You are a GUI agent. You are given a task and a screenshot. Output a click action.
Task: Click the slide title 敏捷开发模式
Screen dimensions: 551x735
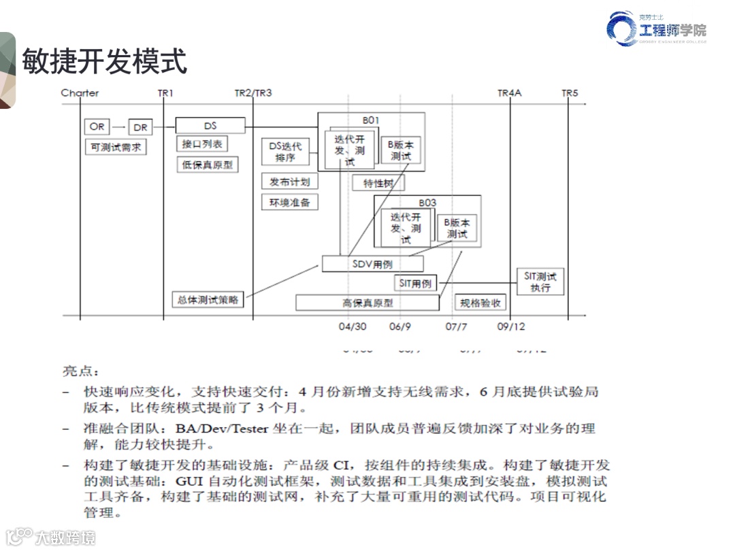tap(105, 62)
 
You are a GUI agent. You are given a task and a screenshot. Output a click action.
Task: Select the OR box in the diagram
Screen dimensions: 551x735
tap(97, 127)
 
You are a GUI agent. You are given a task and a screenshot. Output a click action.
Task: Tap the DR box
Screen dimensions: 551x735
tap(141, 127)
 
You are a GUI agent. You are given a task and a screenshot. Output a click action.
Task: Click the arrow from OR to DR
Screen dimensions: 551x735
tap(118, 127)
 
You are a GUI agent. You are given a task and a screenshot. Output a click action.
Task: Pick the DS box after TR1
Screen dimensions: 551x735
tap(210, 126)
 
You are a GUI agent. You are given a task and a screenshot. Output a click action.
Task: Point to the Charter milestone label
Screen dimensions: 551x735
tap(80, 93)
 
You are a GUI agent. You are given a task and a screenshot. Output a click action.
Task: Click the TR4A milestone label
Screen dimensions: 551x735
tap(509, 93)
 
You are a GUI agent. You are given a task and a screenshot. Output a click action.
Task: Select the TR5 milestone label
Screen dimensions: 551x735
tap(569, 93)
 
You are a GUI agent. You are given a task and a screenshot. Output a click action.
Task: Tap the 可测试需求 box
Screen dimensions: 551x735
tap(115, 147)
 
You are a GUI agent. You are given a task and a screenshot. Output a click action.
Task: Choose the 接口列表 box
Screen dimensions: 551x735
tap(201, 144)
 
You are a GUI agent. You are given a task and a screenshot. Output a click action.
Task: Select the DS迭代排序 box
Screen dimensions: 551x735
tap(285, 152)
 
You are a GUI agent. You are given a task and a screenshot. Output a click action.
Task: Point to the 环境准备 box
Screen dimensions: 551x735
tap(289, 202)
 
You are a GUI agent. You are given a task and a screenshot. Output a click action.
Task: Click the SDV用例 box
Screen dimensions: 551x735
tap(372, 264)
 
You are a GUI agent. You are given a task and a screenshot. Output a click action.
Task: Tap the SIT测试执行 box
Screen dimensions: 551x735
tap(540, 282)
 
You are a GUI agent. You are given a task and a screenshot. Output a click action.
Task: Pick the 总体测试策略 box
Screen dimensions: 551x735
tap(208, 299)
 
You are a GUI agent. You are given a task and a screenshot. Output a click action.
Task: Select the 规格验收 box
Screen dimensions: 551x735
tap(480, 303)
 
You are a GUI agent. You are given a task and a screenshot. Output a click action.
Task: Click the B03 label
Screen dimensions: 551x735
tap(427, 202)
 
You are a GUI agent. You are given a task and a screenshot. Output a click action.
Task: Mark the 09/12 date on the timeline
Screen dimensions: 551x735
tap(511, 327)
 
